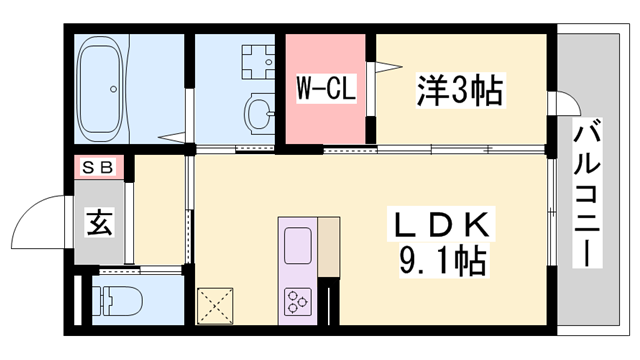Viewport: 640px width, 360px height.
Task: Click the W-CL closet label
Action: pyautogui.click(x=326, y=88)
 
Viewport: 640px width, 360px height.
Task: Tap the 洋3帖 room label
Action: pyautogui.click(x=461, y=91)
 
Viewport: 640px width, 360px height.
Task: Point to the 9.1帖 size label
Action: pyautogui.click(x=442, y=261)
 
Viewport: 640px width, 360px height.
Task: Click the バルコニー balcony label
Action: pyautogui.click(x=587, y=193)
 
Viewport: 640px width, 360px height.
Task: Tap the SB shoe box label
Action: pyautogui.click(x=98, y=167)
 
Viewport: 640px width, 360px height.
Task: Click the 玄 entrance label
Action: pyautogui.click(x=99, y=222)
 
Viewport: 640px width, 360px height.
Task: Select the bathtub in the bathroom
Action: pyautogui.click(x=100, y=89)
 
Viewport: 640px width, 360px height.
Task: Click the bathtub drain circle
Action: pyautogui.click(x=113, y=89)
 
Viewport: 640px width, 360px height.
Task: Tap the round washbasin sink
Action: pyautogui.click(x=258, y=113)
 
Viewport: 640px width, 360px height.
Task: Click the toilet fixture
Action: pyautogui.click(x=117, y=301)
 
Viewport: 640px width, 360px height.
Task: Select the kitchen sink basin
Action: pyautogui.click(x=298, y=245)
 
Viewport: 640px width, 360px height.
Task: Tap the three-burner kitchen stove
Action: pyautogui.click(x=298, y=302)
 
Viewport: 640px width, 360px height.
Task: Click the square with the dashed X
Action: pyautogui.click(x=215, y=306)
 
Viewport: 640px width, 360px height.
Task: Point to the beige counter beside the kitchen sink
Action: pyautogui.click(x=329, y=247)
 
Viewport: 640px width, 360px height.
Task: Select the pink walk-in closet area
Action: pyautogui.click(x=325, y=89)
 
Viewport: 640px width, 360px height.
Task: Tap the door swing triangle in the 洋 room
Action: pyautogui.click(x=389, y=67)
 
